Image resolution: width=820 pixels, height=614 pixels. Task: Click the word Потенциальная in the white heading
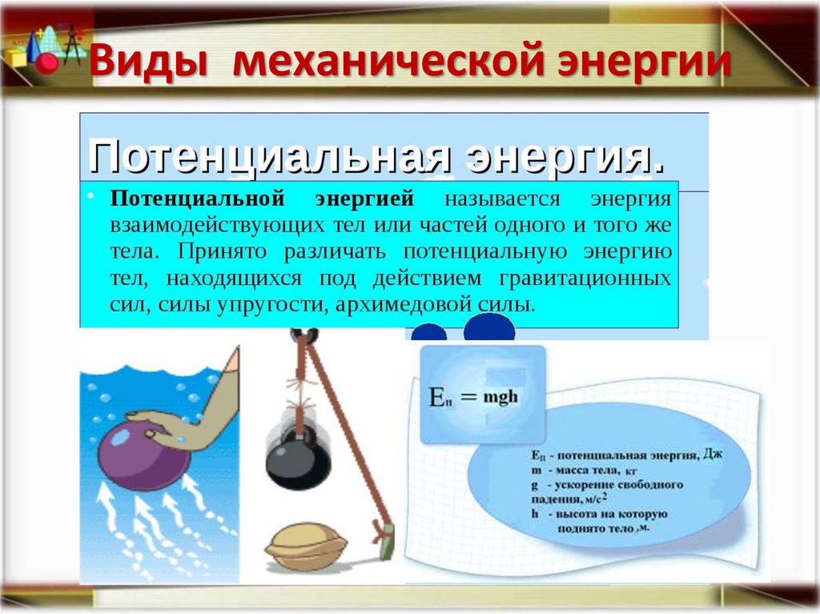coord(268,155)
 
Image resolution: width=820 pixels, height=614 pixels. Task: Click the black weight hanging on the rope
coord(298,459)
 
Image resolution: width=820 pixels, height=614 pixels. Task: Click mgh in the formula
coord(502,398)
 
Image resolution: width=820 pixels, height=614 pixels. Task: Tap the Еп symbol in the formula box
coord(444,397)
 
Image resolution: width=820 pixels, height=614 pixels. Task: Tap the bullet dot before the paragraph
coord(92,196)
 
